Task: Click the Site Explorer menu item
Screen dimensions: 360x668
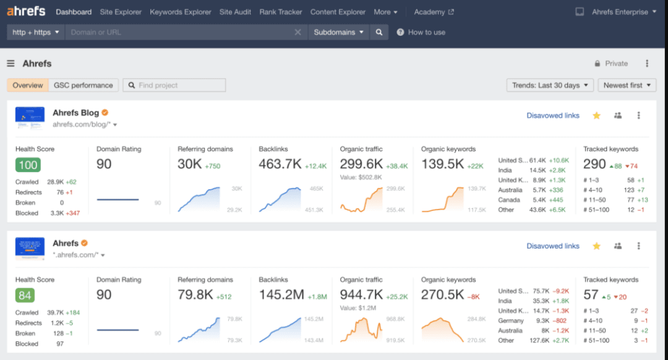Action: coord(121,12)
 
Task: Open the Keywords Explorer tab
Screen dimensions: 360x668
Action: coord(180,12)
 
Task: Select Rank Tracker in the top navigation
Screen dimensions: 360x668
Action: coord(281,12)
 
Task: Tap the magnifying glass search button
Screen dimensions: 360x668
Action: coord(379,32)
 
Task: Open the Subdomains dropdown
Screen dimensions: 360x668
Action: coord(338,32)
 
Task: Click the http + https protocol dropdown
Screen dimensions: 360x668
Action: coord(36,32)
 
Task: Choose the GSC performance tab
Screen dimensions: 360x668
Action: coord(83,85)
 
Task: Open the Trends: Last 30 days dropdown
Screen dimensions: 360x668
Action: coord(550,85)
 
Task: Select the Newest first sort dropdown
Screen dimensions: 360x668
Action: coord(627,85)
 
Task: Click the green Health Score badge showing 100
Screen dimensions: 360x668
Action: coord(28,165)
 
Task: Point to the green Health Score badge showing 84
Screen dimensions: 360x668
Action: coord(25,295)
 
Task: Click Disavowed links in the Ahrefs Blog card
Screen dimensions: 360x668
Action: coord(552,116)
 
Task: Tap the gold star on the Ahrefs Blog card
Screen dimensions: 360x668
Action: coord(596,116)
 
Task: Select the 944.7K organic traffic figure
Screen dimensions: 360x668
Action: coord(361,294)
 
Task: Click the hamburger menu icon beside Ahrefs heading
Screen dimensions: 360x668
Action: coord(11,64)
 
